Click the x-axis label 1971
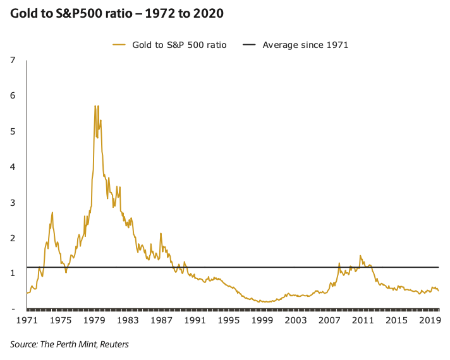27,321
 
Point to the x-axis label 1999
262,321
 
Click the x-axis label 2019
430,321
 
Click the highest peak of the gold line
95,106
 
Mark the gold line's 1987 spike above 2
161,233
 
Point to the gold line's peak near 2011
360,256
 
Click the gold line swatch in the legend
119,45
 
